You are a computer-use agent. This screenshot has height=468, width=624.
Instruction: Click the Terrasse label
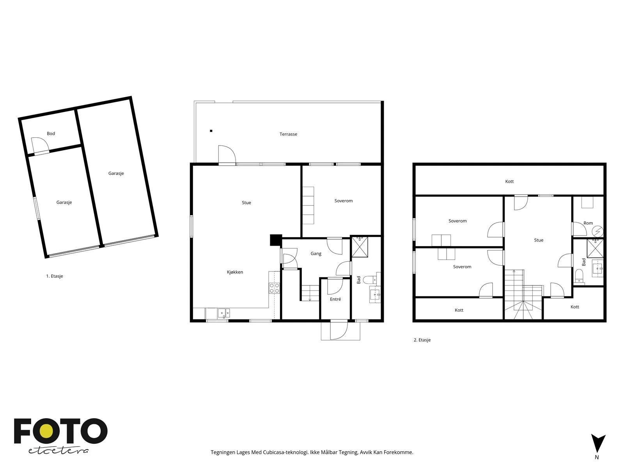(x=288, y=134)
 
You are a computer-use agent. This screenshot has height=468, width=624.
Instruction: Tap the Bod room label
(x=51, y=133)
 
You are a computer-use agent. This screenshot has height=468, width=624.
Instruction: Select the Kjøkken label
(x=235, y=272)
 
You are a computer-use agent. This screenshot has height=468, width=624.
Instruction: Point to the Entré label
(x=335, y=299)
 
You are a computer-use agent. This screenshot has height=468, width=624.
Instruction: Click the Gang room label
(x=316, y=253)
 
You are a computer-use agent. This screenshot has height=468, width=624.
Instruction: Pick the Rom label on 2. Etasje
(x=588, y=223)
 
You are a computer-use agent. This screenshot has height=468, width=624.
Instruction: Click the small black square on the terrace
(x=211, y=131)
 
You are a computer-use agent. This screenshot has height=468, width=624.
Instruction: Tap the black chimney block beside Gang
(x=276, y=240)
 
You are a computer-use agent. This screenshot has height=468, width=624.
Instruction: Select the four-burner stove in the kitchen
(x=274, y=288)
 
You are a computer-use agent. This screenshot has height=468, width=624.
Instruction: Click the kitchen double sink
(x=224, y=313)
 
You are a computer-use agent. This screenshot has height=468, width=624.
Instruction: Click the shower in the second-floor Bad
(x=595, y=248)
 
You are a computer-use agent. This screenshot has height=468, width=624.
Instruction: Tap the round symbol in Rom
(x=598, y=231)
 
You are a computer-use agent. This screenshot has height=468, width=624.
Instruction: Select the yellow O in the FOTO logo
(x=47, y=431)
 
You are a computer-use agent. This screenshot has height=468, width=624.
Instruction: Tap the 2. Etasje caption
(x=422, y=340)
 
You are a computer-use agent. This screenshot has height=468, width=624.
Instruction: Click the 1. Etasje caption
(x=55, y=276)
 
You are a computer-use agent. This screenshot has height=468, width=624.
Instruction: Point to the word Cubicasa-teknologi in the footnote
(x=286, y=452)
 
